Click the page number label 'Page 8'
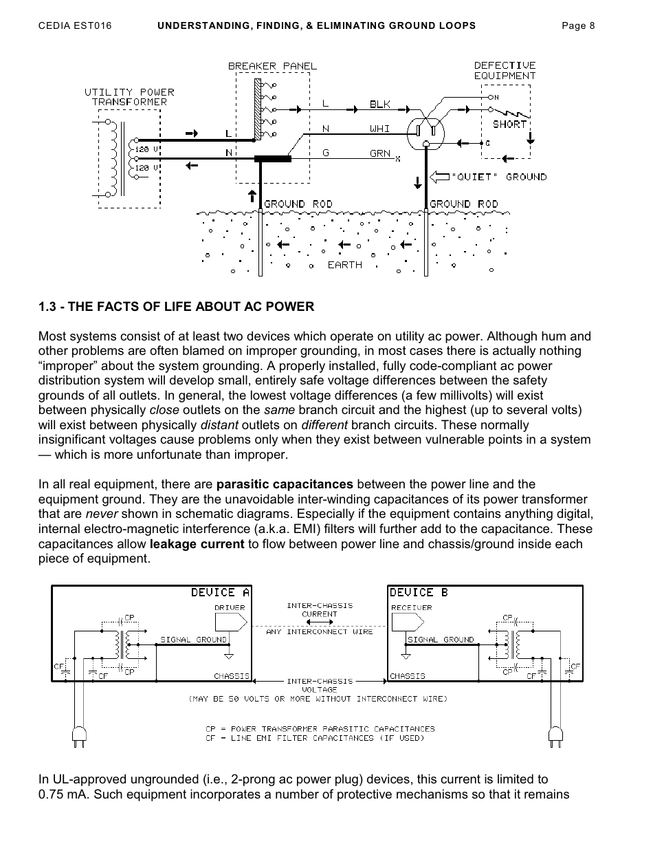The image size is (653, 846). click(x=578, y=26)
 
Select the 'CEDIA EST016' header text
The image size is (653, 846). click(x=75, y=26)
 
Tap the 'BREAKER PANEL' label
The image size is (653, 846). click(x=272, y=66)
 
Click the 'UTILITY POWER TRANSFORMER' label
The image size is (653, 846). click(x=129, y=97)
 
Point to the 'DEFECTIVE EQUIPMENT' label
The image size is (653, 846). click(x=505, y=71)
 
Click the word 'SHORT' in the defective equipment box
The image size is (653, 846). click(x=509, y=124)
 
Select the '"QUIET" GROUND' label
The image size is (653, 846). click(x=498, y=177)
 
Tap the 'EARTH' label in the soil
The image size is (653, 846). click(x=344, y=265)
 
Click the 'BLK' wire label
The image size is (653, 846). click(x=379, y=105)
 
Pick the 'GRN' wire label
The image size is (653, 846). click(x=379, y=154)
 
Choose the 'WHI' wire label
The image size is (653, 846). click(x=379, y=129)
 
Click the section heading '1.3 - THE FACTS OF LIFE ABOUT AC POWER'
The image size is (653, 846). click(x=176, y=307)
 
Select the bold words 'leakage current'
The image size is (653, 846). click(x=197, y=544)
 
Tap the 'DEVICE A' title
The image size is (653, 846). click(x=220, y=592)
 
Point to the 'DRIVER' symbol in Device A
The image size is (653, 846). click(x=230, y=620)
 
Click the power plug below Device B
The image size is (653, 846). click(x=555, y=737)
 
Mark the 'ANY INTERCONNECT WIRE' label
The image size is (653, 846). click(x=319, y=631)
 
